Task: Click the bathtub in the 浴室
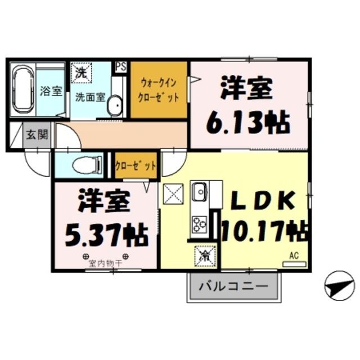coord(22,91)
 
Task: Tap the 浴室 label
coord(51,91)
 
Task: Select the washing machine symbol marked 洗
coord(82,73)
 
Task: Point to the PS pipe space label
coord(120,67)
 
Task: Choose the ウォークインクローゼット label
coord(159,90)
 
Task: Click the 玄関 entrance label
coord(37,134)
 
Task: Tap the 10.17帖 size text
coord(264,231)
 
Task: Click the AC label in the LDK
coord(293,256)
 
